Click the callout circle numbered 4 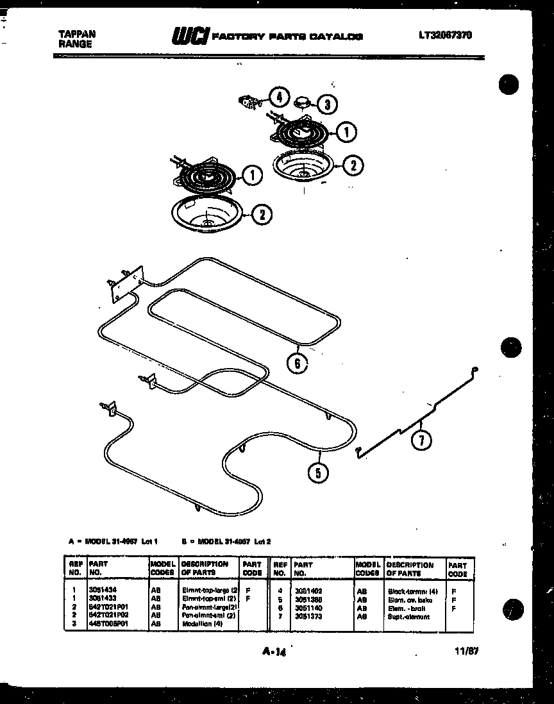(278, 98)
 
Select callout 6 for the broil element (297, 364)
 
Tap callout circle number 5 (319, 473)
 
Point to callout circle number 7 (422, 440)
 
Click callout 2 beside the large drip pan (261, 215)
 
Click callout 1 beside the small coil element (346, 133)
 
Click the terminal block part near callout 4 (248, 101)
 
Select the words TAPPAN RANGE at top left (75, 40)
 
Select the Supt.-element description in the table (408, 616)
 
